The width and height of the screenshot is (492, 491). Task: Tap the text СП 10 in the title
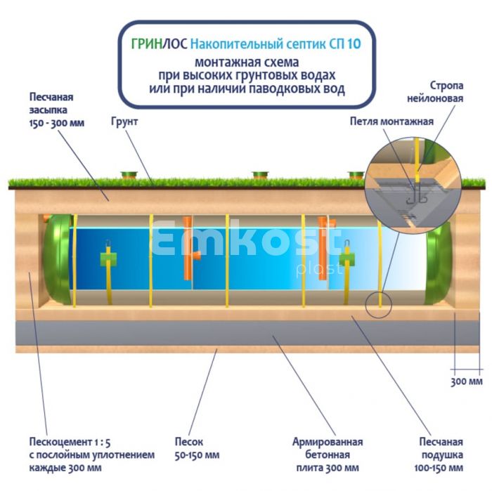tap(345, 44)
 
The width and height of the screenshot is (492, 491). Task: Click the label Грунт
tap(124, 122)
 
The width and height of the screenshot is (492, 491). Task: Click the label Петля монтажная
tap(391, 121)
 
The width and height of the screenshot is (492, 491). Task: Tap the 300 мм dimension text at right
tap(466, 382)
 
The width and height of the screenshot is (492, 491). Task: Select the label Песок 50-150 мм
tap(189, 449)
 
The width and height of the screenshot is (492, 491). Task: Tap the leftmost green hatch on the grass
tap(129, 174)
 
